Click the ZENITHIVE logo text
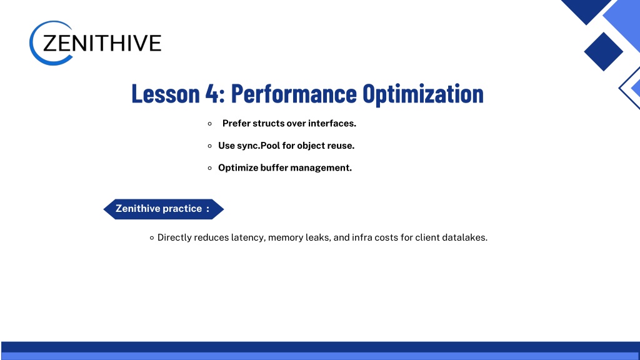(102, 43)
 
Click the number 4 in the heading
(212, 94)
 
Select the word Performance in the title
(294, 94)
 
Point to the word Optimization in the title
(423, 94)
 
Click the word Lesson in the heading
(165, 94)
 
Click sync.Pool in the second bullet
(258, 146)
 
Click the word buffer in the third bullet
(274, 167)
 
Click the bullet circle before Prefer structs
(210, 124)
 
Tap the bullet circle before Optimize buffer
(210, 168)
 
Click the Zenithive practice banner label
(163, 209)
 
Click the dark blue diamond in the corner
(603, 51)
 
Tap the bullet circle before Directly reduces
(152, 238)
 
